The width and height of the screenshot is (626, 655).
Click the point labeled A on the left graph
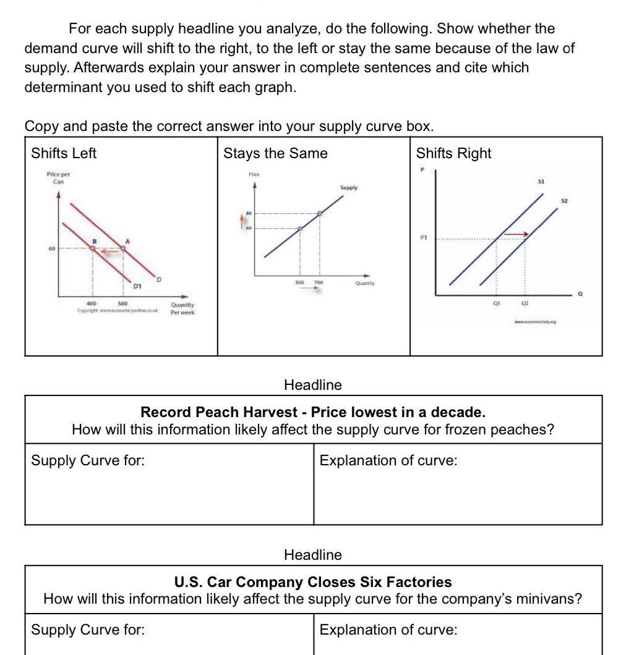tap(122, 248)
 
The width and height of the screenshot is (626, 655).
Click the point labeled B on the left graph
tap(92, 248)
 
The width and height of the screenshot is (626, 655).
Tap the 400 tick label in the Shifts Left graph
tap(92, 303)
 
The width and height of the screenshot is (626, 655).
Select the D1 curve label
tap(138, 286)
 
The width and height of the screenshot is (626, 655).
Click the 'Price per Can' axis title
tap(58, 178)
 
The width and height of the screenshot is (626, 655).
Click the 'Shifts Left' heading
tap(64, 153)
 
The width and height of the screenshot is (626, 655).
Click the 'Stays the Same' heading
tap(275, 153)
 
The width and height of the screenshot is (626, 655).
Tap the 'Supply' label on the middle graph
tap(348, 187)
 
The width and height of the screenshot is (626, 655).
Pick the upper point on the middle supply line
tap(320, 214)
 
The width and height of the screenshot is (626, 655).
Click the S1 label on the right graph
tap(540, 182)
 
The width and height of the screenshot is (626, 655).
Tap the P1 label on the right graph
tap(424, 237)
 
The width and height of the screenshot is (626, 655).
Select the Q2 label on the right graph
tap(525, 303)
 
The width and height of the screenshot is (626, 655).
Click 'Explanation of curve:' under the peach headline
tap(388, 460)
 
